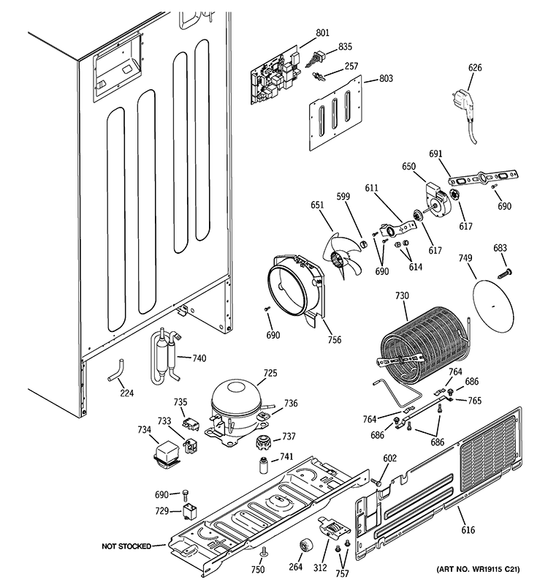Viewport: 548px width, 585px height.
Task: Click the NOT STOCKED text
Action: [126, 546]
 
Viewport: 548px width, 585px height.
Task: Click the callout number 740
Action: [199, 358]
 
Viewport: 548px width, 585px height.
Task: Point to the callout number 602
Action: [390, 458]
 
